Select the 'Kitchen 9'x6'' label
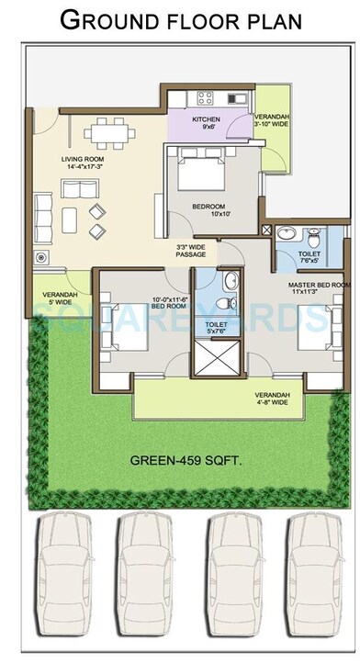pos(205,123)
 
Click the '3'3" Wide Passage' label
pos(190,250)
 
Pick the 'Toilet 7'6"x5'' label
pos(309,256)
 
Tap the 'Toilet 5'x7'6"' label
pos(217,328)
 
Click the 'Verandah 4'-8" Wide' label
pos(272,398)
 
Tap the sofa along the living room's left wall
pos(42,212)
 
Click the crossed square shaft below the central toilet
pos(219,359)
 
